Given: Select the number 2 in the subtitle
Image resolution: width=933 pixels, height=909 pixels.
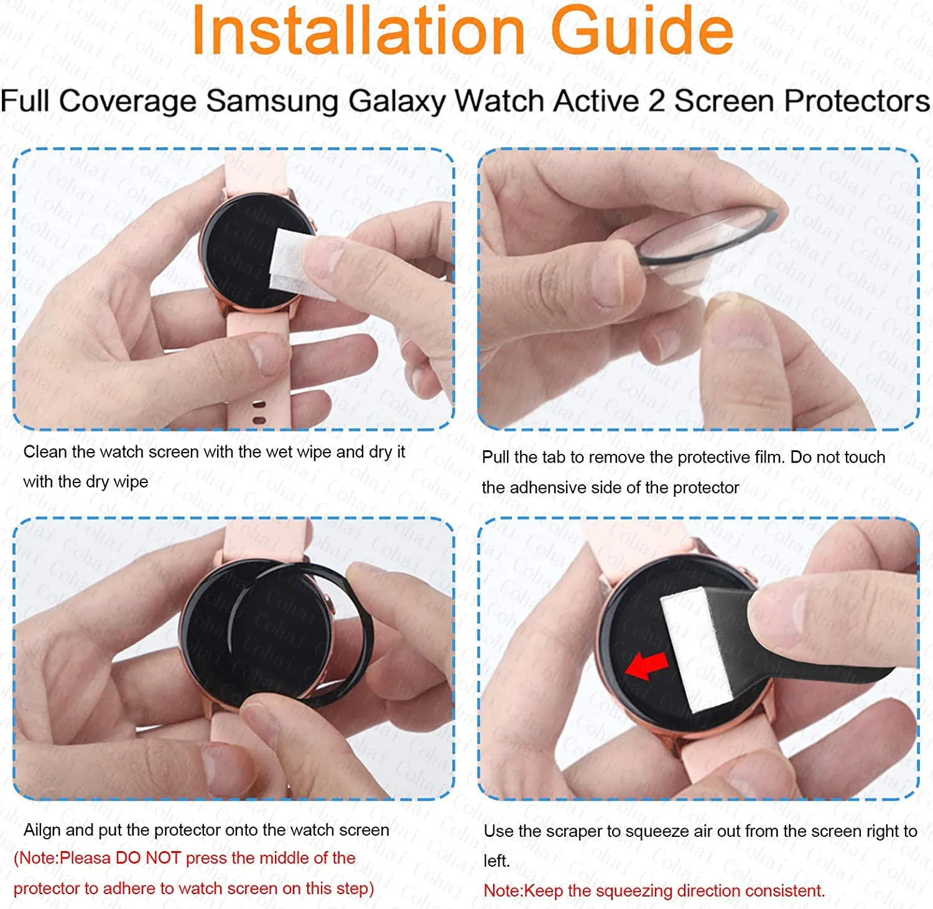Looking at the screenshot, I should (656, 101).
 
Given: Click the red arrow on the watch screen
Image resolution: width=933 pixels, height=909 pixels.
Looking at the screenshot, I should (646, 666).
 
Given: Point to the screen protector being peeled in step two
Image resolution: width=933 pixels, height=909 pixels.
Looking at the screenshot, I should (703, 236).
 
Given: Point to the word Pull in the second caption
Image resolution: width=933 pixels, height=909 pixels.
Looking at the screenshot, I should (495, 458).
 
